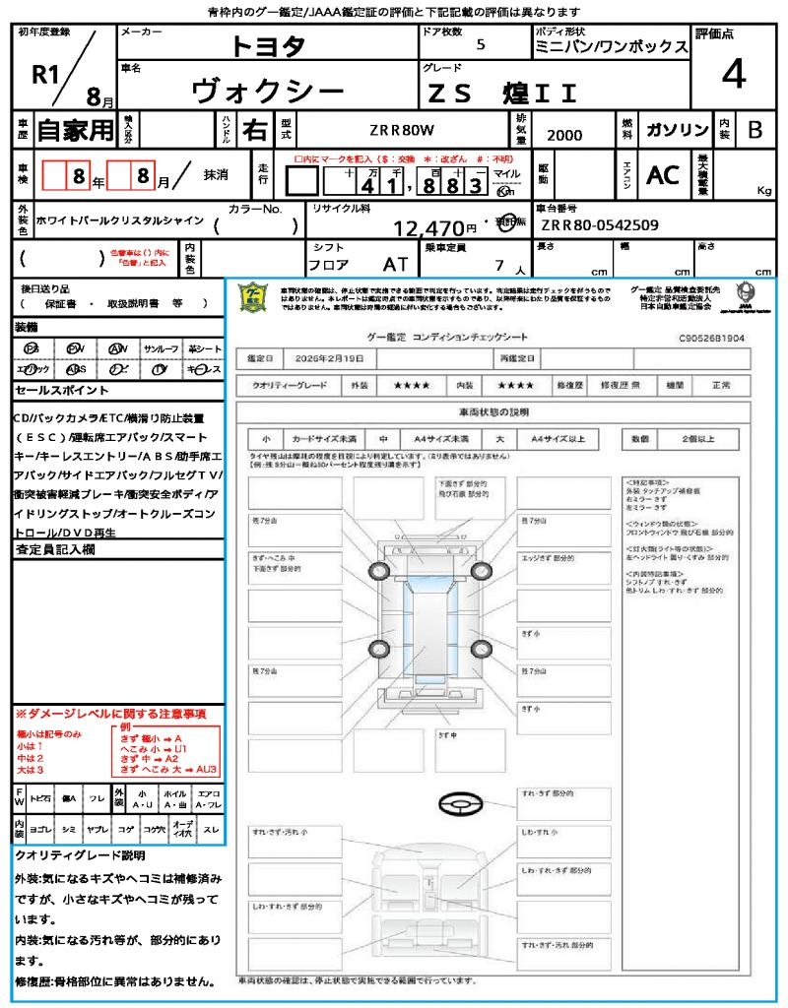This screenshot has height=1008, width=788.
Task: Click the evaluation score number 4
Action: pos(733,74)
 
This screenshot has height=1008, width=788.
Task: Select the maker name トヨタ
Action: pos(269,45)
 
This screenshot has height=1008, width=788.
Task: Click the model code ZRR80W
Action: pos(402,130)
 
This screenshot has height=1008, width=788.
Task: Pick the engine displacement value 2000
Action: pos(563,136)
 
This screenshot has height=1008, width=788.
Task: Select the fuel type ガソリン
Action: pos(676,130)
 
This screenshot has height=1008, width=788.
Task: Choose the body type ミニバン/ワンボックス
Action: pos(611,46)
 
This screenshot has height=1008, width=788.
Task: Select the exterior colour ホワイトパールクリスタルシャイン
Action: pos(118,220)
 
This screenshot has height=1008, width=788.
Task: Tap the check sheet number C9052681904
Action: pos(711,338)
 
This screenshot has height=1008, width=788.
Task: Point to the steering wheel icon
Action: pos(460,806)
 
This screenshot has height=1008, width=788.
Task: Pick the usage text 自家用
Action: pos(75,130)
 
